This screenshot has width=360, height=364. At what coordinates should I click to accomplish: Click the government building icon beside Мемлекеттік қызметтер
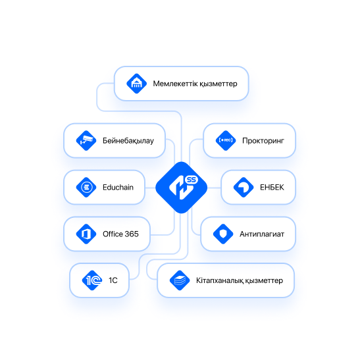(136, 84)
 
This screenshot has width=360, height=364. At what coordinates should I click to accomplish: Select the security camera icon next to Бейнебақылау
(86, 140)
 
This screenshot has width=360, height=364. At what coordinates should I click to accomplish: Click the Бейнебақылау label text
(128, 141)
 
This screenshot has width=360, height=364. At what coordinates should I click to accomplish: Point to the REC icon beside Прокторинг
(226, 140)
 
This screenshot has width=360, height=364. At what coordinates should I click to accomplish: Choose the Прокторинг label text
(263, 141)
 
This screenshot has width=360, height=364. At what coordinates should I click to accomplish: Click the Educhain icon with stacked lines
(86, 187)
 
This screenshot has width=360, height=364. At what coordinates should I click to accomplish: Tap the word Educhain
(118, 187)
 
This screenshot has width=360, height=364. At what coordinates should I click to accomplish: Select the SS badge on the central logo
(192, 180)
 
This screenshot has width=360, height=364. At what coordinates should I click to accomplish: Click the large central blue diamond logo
(181, 188)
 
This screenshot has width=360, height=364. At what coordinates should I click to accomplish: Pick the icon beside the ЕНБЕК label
(244, 187)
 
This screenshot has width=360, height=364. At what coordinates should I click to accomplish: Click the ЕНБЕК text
(272, 187)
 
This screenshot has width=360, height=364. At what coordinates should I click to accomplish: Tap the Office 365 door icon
(86, 234)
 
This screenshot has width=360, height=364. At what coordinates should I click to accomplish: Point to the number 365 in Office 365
(132, 234)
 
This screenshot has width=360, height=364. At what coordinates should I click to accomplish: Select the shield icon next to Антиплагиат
(223, 234)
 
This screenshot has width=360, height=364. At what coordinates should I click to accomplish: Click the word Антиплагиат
(262, 234)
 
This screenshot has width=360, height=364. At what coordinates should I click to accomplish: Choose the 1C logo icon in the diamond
(92, 280)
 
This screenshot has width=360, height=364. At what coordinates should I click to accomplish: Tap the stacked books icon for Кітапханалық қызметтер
(180, 280)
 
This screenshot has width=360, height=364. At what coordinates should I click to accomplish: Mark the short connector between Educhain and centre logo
(150, 188)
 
